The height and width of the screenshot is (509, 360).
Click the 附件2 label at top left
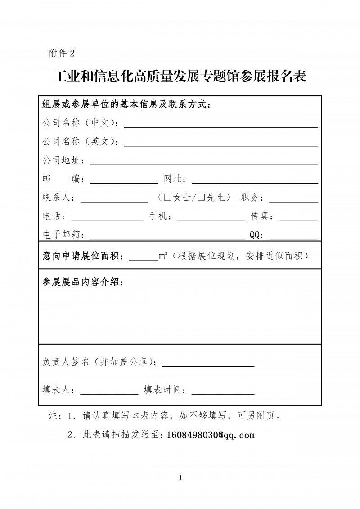61,53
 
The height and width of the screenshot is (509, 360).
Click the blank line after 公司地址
204,161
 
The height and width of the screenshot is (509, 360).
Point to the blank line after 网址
255,180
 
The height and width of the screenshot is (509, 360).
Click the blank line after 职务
299,198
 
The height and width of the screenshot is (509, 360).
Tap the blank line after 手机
211,217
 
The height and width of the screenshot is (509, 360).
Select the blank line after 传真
299,217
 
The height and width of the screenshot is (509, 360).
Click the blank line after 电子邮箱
167,236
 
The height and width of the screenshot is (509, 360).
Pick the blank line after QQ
293,236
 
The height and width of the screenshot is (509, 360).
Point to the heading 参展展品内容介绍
82,282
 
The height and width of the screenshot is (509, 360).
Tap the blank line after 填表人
109,391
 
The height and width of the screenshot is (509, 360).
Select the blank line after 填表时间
223,391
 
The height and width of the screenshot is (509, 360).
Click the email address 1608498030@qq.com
211,435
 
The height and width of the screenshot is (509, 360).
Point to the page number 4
180,477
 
